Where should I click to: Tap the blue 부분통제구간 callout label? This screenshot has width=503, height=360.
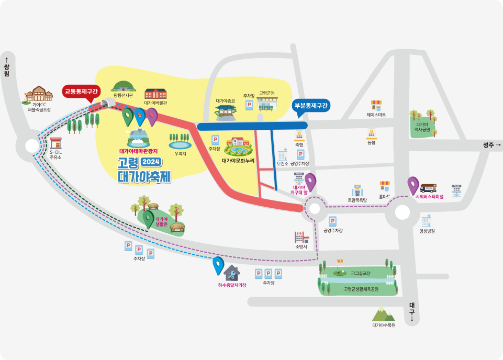click(x=311, y=106)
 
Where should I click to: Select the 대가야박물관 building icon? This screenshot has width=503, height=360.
click(x=155, y=94)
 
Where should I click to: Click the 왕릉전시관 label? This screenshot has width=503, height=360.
click(x=124, y=96)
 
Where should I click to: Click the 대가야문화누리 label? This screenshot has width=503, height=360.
click(x=238, y=161)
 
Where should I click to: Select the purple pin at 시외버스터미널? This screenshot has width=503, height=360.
click(x=413, y=185)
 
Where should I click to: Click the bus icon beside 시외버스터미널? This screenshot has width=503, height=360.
click(x=429, y=187)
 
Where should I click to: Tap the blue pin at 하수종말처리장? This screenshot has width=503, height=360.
click(x=218, y=265)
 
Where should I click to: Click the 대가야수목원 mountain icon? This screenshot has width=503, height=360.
click(x=384, y=314)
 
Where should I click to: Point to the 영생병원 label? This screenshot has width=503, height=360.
click(x=427, y=231)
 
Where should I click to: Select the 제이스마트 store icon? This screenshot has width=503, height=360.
click(x=376, y=105)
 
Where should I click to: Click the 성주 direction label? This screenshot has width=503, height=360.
click(x=491, y=145)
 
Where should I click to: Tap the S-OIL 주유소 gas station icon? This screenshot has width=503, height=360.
click(x=56, y=143)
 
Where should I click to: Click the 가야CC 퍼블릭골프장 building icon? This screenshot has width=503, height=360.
click(x=39, y=94)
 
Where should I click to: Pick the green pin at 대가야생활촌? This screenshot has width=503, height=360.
click(x=149, y=219)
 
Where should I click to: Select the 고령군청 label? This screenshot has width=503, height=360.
click(x=267, y=93)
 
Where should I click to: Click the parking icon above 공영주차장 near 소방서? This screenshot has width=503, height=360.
click(x=332, y=221)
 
